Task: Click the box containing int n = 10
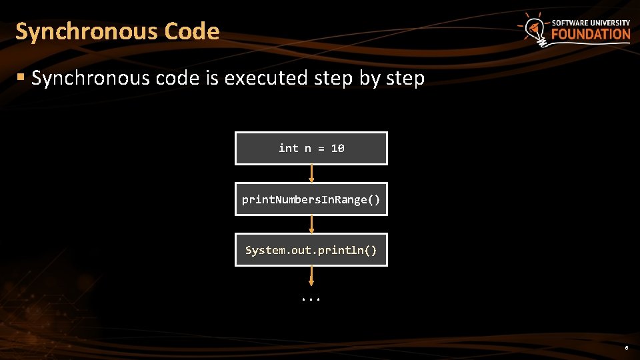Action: pyautogui.click(x=311, y=148)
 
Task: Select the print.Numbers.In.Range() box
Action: pyautogui.click(x=311, y=199)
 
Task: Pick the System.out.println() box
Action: pyautogui.click(x=311, y=250)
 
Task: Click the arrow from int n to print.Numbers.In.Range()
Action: pyautogui.click(x=311, y=173)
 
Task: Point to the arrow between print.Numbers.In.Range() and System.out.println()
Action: pyautogui.click(x=311, y=225)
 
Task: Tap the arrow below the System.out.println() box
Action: pyautogui.click(x=311, y=276)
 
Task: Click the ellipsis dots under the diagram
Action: pyautogui.click(x=311, y=298)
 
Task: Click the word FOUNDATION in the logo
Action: pyautogui.click(x=591, y=35)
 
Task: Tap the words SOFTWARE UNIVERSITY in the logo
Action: pyautogui.click(x=591, y=23)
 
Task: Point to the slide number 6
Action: pyautogui.click(x=626, y=349)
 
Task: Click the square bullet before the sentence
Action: pyautogui.click(x=21, y=78)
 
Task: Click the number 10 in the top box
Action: pyautogui.click(x=337, y=148)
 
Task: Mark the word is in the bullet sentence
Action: pyautogui.click(x=212, y=79)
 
